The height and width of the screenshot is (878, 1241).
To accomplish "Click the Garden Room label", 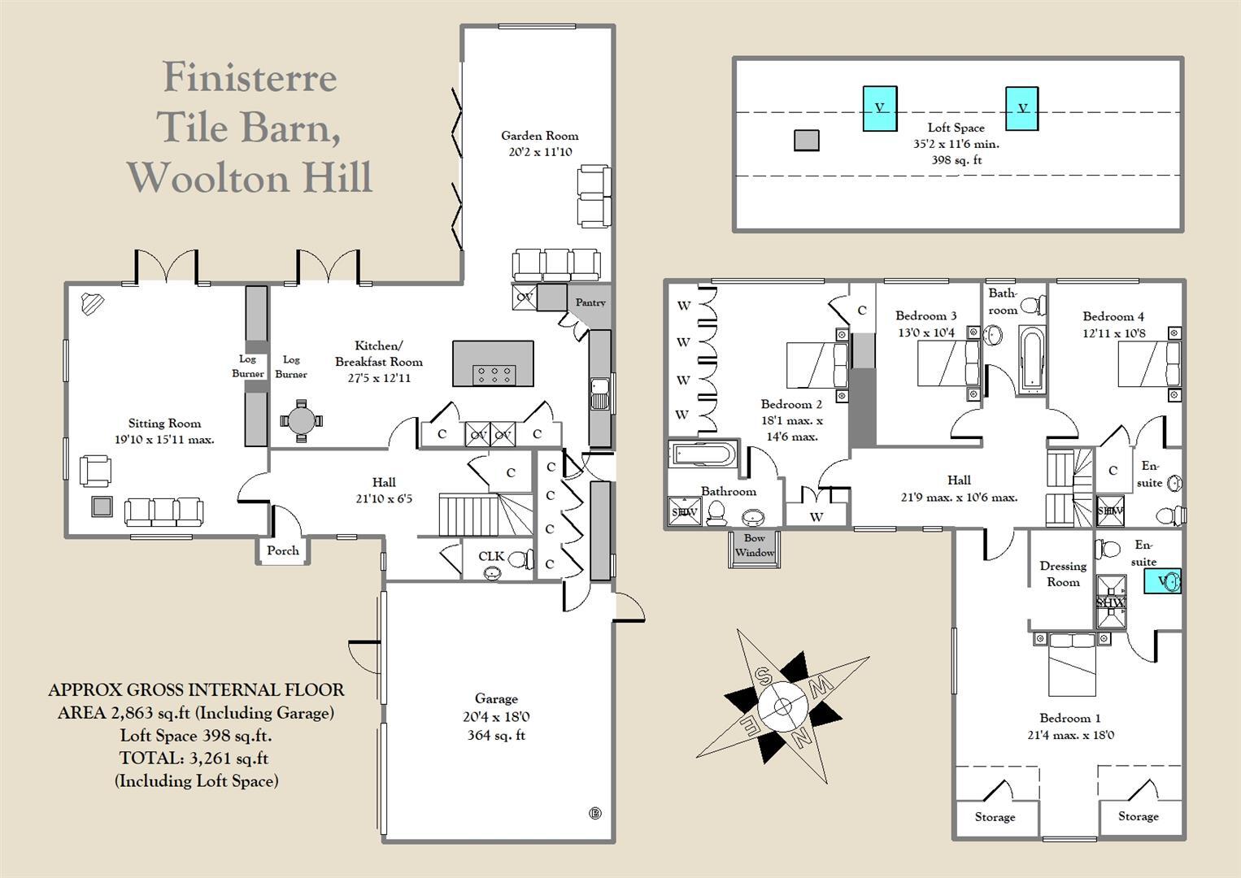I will pyautogui.click(x=539, y=136).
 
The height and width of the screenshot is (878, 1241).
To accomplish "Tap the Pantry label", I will pyautogui.click(x=590, y=302).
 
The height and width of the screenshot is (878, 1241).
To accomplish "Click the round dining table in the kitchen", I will pyautogui.click(x=301, y=420).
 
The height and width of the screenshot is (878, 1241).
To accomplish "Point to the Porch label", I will pyautogui.click(x=283, y=550).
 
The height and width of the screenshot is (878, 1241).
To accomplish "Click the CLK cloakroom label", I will pyautogui.click(x=491, y=556).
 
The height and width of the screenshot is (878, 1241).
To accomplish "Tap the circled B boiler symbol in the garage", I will pyautogui.click(x=594, y=813).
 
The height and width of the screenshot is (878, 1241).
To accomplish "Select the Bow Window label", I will pyautogui.click(x=754, y=545).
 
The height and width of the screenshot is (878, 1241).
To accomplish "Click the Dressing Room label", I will pyautogui.click(x=1063, y=574).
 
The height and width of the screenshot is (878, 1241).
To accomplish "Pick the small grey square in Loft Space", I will pyautogui.click(x=806, y=141).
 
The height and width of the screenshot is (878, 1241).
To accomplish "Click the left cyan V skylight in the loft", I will pyautogui.click(x=880, y=108).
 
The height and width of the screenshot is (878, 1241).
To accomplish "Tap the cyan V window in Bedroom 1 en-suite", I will pyautogui.click(x=1161, y=580).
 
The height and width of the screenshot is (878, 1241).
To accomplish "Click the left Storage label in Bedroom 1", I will pyautogui.click(x=995, y=816).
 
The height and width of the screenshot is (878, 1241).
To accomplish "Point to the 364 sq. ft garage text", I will pyautogui.click(x=496, y=735).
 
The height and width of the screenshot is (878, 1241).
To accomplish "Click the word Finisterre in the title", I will pyautogui.click(x=250, y=78).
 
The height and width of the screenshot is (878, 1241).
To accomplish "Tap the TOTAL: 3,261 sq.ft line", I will pyautogui.click(x=194, y=758).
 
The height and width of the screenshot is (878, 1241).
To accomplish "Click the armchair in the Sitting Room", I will pyautogui.click(x=95, y=471).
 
